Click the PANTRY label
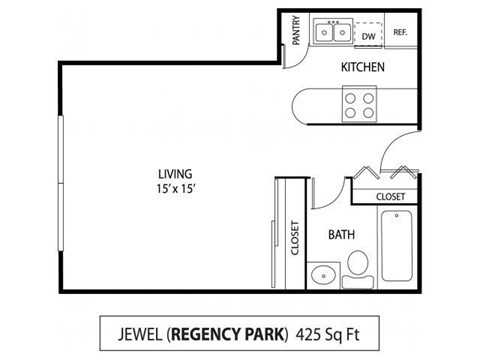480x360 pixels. click(294, 31)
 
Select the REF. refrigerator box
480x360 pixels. click(400, 33)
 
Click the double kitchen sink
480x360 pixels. click(332, 34)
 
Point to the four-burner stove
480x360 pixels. click(359, 104)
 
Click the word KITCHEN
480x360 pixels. click(360, 67)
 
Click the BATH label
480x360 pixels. click(342, 235)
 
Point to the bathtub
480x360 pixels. click(397, 246)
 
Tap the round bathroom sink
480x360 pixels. click(321, 274)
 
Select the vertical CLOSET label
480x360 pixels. click(295, 238)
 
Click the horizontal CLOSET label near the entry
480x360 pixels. click(390, 197)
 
